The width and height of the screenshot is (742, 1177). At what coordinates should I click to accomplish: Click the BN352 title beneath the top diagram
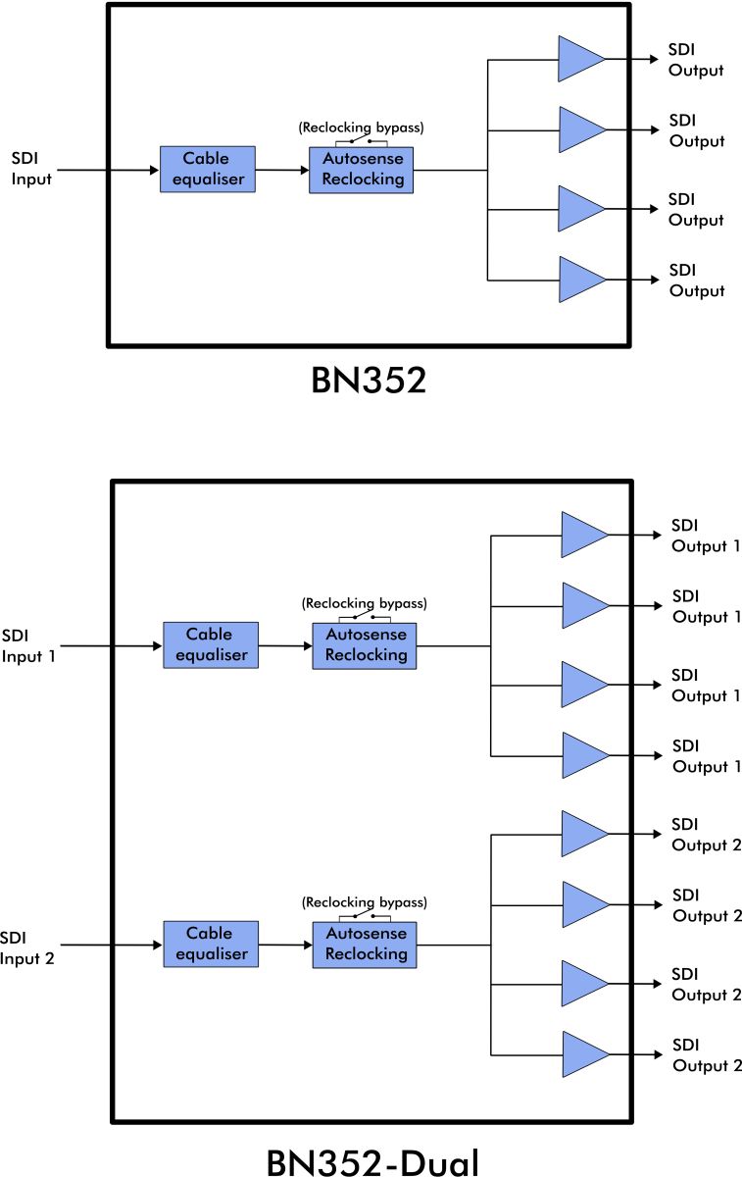pyautogui.click(x=369, y=381)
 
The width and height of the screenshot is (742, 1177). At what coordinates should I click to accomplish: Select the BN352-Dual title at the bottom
pyautogui.click(x=372, y=1159)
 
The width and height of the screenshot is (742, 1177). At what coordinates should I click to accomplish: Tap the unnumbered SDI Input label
pyautogui.click(x=31, y=169)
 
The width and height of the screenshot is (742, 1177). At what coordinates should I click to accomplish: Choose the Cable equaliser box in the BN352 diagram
pyautogui.click(x=207, y=170)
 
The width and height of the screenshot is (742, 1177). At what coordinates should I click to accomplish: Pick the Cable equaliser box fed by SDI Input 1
pyautogui.click(x=211, y=645)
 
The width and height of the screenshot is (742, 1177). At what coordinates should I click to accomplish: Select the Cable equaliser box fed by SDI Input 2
pyautogui.click(x=211, y=945)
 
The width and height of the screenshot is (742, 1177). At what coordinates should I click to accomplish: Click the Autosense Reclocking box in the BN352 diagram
pyautogui.click(x=362, y=170)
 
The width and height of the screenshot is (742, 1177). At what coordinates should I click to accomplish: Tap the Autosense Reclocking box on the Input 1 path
pyautogui.click(x=365, y=645)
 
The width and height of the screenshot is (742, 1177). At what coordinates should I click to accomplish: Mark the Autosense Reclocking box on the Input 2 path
pyautogui.click(x=365, y=945)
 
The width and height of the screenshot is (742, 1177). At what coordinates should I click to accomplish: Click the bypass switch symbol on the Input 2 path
pyautogui.click(x=365, y=916)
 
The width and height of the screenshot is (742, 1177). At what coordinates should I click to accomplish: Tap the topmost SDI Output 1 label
pyautogui.click(x=706, y=536)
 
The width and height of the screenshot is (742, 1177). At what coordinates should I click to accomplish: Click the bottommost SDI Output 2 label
pyautogui.click(x=706, y=1055)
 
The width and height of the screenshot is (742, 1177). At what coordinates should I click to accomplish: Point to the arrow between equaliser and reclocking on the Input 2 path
pyautogui.click(x=285, y=946)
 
